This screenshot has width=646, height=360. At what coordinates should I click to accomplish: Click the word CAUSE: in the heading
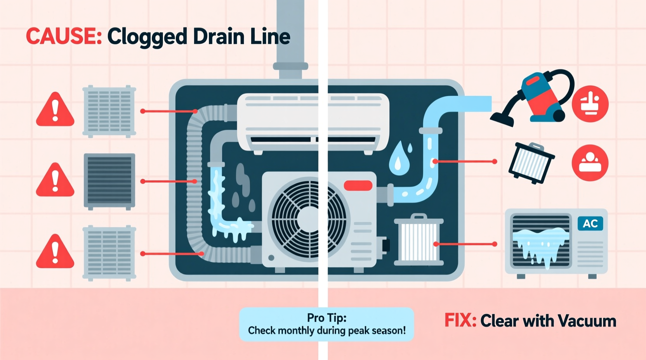[64, 37]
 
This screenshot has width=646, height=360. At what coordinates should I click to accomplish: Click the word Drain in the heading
[213, 37]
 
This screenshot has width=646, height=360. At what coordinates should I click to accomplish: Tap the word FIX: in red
[460, 321]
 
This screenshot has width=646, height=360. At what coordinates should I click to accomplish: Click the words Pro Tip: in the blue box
[326, 318]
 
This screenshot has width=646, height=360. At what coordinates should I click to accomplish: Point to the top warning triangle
[55, 110]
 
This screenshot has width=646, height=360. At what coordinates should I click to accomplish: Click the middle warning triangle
[55, 180]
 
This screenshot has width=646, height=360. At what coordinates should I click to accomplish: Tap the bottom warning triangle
[55, 252]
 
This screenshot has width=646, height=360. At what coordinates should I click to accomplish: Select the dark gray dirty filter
[109, 181]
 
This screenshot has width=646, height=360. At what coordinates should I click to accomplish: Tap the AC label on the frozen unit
[590, 223]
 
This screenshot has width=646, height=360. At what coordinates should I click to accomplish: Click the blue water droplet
[398, 159]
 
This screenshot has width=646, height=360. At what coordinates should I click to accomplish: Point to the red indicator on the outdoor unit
[358, 186]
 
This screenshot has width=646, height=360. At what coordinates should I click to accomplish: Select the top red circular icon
[590, 104]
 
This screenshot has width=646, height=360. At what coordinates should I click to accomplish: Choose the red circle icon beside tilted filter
[590, 163]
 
